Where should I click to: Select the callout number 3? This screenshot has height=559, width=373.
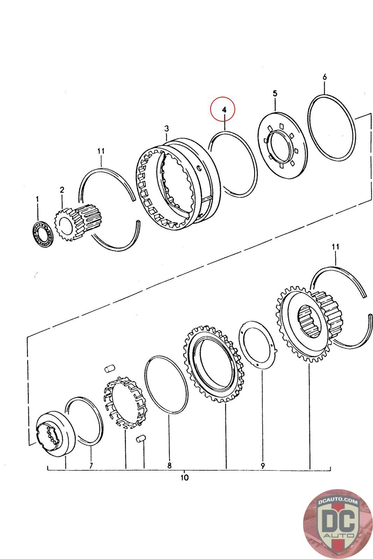(166, 129)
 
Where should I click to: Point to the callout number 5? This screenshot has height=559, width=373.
(275, 93)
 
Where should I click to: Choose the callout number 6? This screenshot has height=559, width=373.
(324, 77)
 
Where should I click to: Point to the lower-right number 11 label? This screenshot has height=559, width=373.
(335, 247)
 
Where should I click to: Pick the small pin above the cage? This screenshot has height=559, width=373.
(110, 368)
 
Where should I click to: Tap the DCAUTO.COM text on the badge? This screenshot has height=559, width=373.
(335, 502)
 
